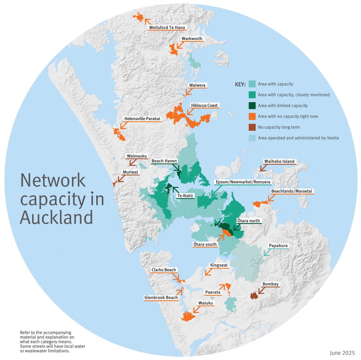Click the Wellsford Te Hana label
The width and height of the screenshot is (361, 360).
pyautogui.click(x=167, y=28)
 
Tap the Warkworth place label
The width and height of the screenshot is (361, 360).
pyautogui.click(x=192, y=39)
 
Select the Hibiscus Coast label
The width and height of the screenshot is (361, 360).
pyautogui.click(x=204, y=105)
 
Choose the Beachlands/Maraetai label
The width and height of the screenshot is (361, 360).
pyautogui.click(x=292, y=191)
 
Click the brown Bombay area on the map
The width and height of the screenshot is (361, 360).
pyautogui.click(x=253, y=296)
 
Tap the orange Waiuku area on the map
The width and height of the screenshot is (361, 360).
pyautogui.click(x=188, y=316)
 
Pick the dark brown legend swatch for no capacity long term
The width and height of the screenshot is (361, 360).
pyautogui.click(x=252, y=127)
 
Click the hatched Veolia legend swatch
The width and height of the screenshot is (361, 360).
pyautogui.click(x=252, y=138)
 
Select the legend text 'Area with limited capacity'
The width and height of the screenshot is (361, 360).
pyautogui.click(x=283, y=106)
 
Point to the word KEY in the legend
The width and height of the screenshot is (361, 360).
pyautogui.click(x=240, y=85)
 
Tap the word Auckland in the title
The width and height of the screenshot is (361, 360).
pyautogui.click(x=56, y=218)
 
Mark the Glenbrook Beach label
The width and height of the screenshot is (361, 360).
pyautogui.click(x=161, y=298)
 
